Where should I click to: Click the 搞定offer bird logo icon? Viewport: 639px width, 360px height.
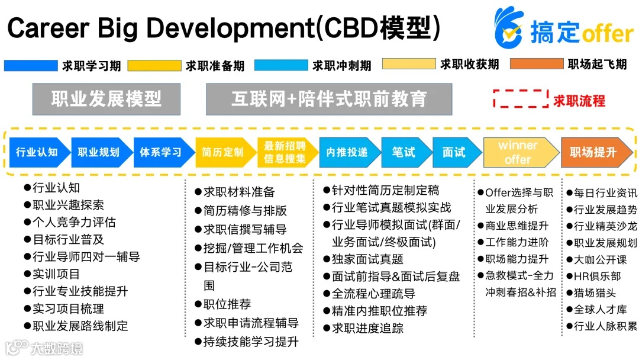click(509, 28)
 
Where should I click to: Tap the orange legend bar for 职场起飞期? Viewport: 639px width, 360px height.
click(536, 64)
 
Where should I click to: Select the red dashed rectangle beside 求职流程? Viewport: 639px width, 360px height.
click(520, 99)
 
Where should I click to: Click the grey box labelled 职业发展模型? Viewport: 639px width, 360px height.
click(106, 99)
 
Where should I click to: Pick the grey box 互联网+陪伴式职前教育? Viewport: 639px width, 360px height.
click(328, 99)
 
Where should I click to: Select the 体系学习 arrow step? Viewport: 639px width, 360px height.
click(161, 152)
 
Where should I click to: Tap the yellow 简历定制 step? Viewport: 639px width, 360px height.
click(222, 152)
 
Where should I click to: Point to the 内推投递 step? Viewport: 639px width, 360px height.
click(347, 152)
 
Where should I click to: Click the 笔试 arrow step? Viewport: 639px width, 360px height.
click(404, 152)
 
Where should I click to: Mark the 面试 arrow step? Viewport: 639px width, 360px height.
click(454, 152)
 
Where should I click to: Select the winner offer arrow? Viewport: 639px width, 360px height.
click(518, 152)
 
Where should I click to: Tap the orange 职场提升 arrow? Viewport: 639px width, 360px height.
click(593, 152)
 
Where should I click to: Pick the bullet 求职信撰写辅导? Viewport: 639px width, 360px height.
click(245, 229)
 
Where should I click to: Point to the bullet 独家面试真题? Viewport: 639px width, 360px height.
click(367, 259)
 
